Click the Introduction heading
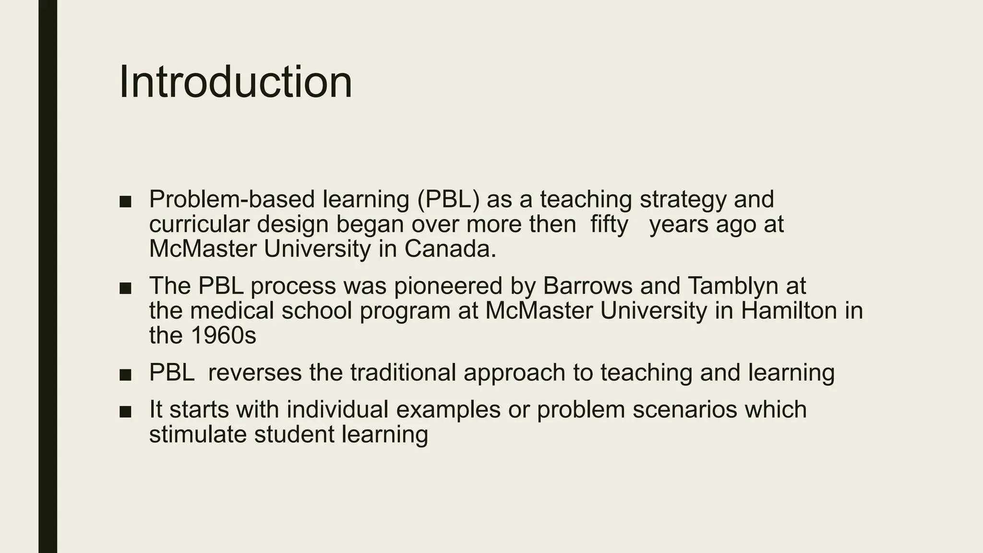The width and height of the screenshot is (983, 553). [x=235, y=82]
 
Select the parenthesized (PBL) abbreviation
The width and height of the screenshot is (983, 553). [x=448, y=199]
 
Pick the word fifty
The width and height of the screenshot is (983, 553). [x=609, y=224]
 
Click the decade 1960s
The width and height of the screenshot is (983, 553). [x=223, y=336]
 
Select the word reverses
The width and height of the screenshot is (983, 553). [x=255, y=373]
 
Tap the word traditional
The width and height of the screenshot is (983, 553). [x=403, y=373]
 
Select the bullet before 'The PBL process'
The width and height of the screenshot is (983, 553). [x=125, y=288]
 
